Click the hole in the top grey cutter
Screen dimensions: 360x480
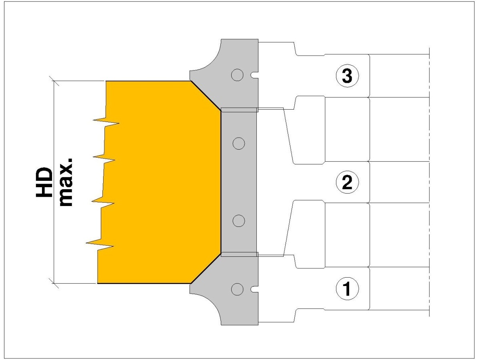point(237,74)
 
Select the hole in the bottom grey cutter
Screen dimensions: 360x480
point(237,288)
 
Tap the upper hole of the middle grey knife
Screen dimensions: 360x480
point(239,143)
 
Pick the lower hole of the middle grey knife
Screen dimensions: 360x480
point(239,220)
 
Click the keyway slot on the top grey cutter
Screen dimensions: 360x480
point(253,75)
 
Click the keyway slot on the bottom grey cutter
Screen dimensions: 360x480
point(253,288)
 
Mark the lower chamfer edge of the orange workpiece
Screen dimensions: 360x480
point(205,268)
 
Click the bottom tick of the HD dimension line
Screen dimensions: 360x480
point(54,284)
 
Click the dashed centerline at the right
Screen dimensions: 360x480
point(429,182)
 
